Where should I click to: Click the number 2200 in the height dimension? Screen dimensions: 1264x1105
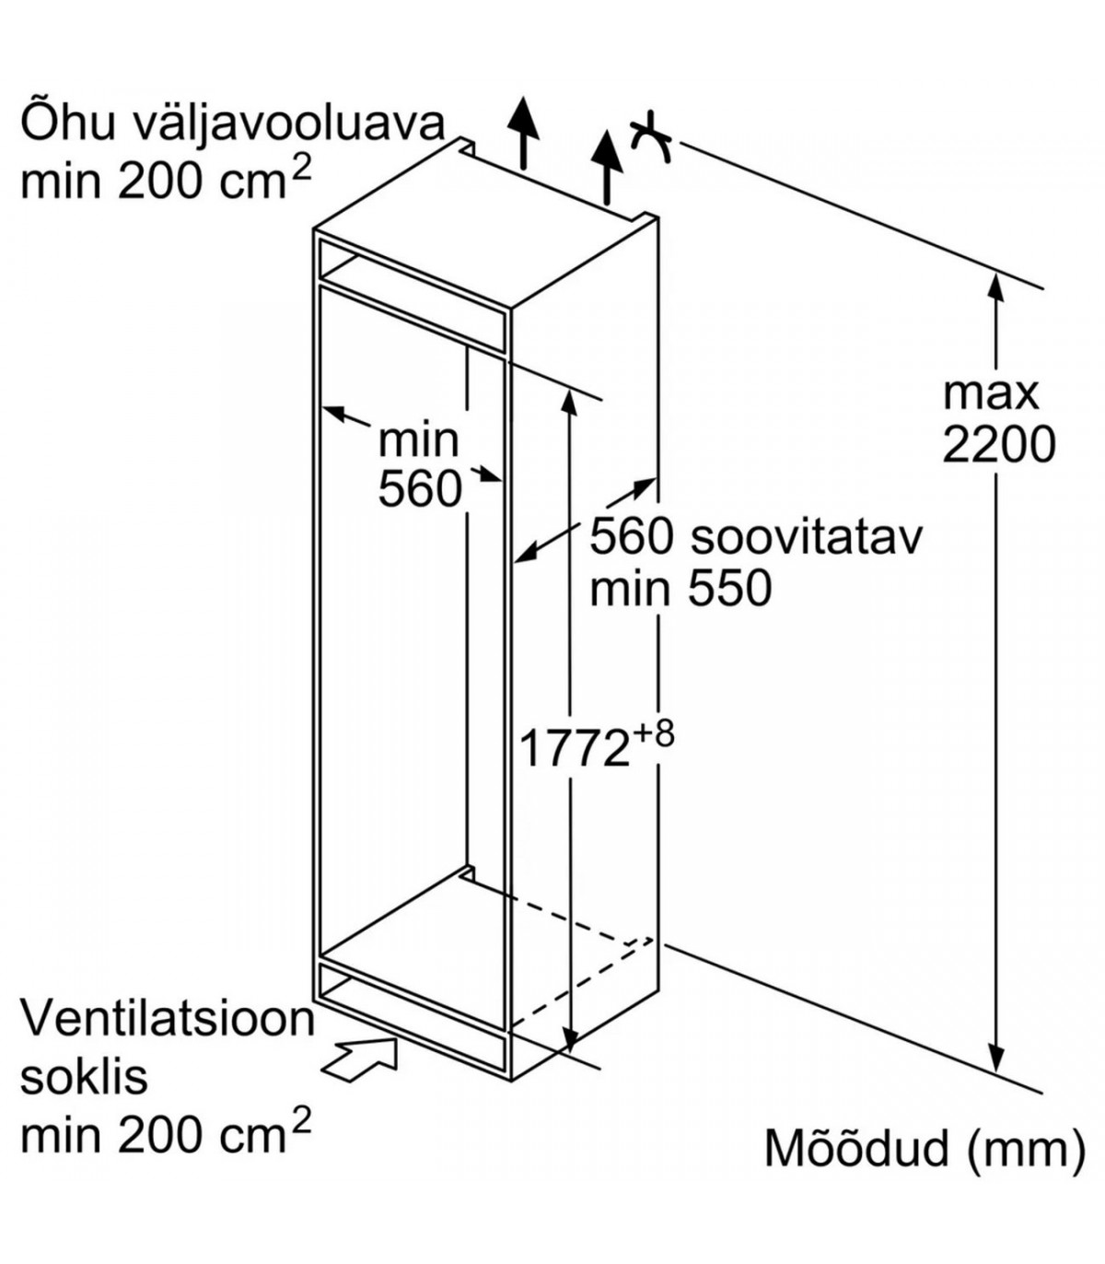pyautogui.click(x=998, y=445)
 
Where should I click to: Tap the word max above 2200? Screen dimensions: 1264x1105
pyautogui.click(x=991, y=393)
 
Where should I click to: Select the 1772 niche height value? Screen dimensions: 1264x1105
pyautogui.click(x=574, y=748)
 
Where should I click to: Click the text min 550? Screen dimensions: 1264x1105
pyautogui.click(x=680, y=588)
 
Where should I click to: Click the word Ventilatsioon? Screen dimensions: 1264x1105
pyautogui.click(x=168, y=1019)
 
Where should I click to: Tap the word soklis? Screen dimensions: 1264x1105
pyautogui.click(x=84, y=1076)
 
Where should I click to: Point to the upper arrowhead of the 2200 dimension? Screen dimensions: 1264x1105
pyautogui.click(x=995, y=285)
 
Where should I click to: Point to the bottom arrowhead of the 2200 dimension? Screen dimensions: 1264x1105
pyautogui.click(x=995, y=1059)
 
